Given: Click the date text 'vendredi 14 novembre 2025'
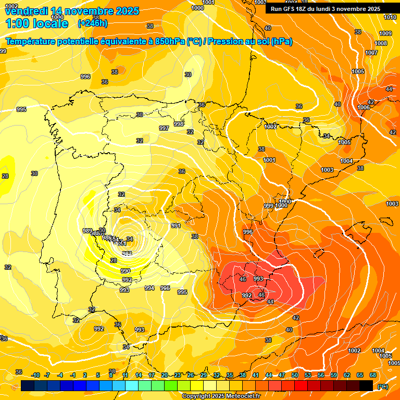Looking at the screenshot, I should coord(72,11).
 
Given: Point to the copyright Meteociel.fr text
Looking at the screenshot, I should coord(221,396).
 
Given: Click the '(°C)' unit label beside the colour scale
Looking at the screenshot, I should coord(382,386).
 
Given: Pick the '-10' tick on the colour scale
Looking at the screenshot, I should coord(35,375).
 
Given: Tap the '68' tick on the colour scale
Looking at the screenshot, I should coord(373,375).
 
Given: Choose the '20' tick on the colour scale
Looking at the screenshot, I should coord(165,375).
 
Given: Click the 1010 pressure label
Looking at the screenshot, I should coord(390,17).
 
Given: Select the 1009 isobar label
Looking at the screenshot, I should coord(385,33).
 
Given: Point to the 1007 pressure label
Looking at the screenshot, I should coord(371,53).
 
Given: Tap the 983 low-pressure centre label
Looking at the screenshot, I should coord(127,253).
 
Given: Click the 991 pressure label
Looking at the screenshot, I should coord(176,226).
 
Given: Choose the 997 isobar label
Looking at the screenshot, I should coord(164,128).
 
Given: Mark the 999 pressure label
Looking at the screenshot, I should coord(269,206).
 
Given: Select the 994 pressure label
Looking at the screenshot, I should coord(149,287).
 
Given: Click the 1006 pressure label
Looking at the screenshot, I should coord(364,107).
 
